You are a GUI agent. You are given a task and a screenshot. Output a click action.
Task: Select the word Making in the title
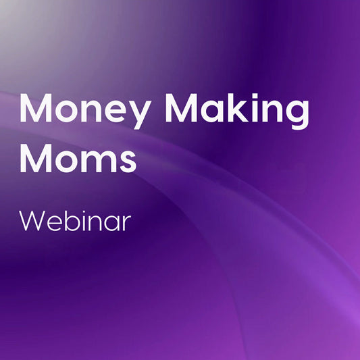[234, 112]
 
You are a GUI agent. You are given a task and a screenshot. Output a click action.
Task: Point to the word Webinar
[74, 221]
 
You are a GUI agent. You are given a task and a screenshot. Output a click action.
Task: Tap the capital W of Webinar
[33, 221]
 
